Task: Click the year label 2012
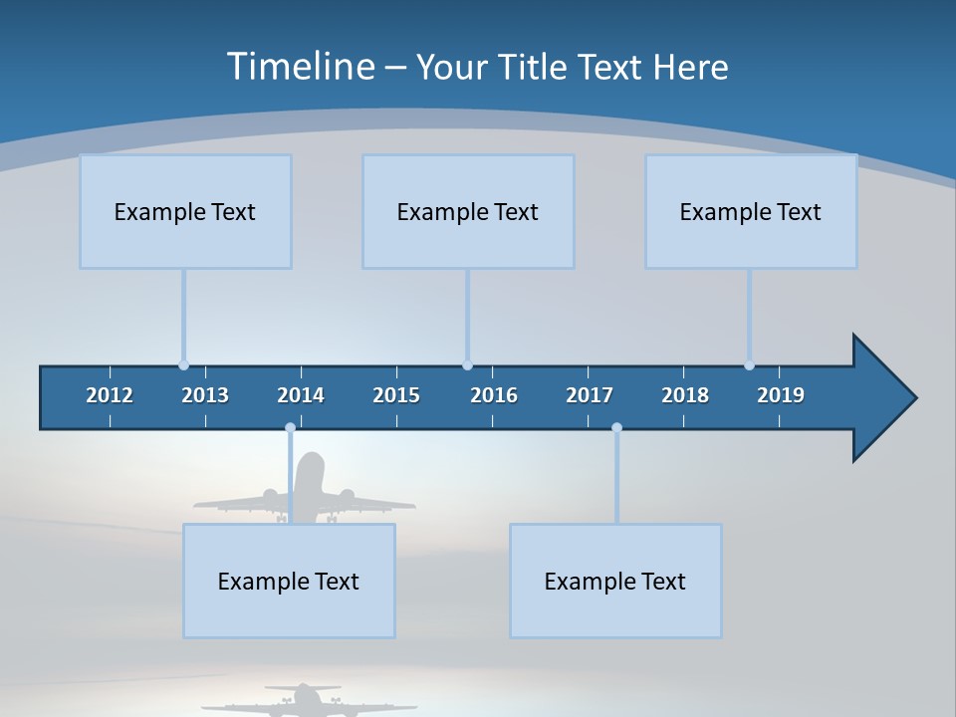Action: click(110, 395)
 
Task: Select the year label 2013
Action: click(205, 395)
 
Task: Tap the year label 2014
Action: click(301, 395)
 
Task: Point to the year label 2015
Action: click(396, 395)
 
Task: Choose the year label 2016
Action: click(494, 395)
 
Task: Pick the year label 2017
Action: click(590, 395)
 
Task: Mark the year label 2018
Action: click(685, 395)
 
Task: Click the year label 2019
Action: click(781, 395)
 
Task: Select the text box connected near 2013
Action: click(185, 211)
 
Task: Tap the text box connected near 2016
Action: click(468, 211)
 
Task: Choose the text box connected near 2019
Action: click(751, 211)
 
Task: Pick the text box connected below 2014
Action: click(289, 581)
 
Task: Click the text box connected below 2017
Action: click(615, 581)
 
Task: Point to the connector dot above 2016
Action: click(467, 365)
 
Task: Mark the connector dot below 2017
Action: click(616, 428)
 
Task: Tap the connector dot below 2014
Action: click(290, 428)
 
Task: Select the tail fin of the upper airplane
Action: click(312, 470)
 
